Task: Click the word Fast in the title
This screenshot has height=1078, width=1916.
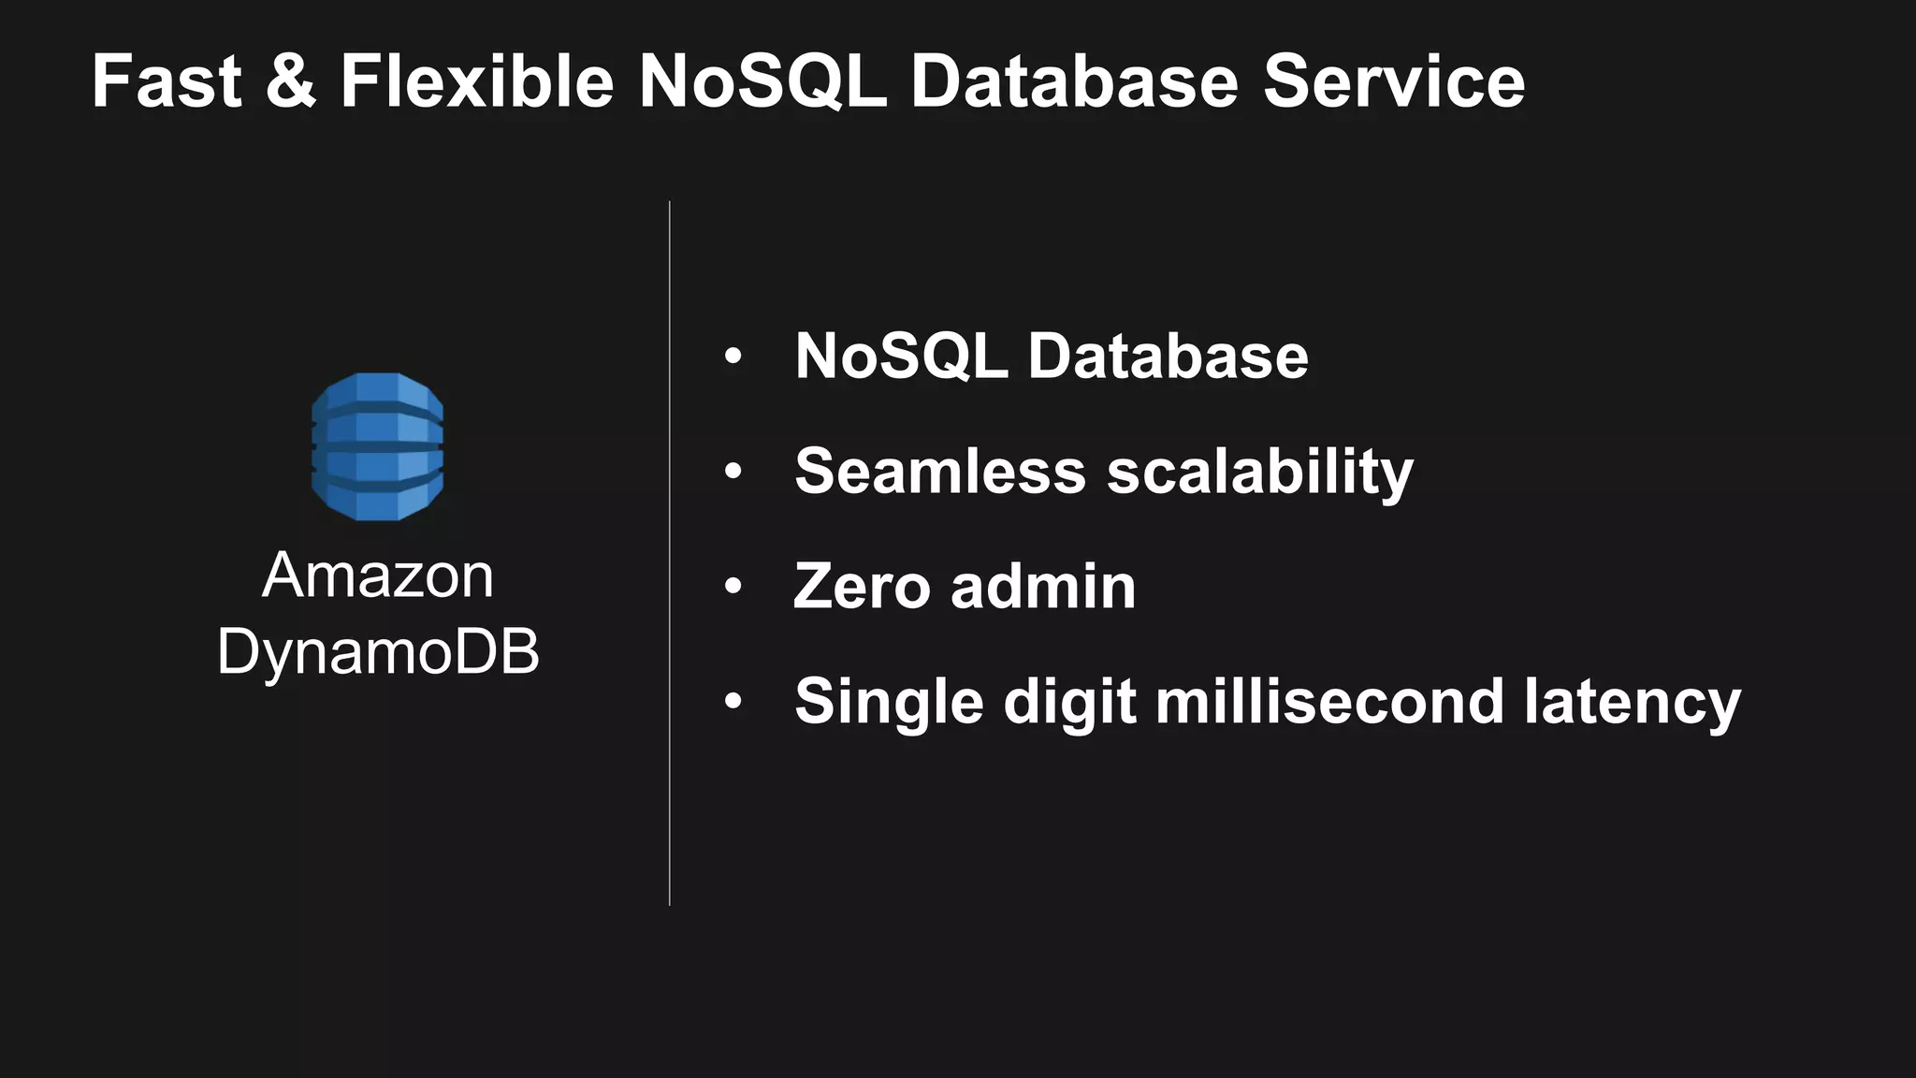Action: pyautogui.click(x=167, y=81)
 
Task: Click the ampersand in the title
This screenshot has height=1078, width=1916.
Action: pyautogui.click(x=291, y=81)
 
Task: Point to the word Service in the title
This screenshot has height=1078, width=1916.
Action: pyautogui.click(x=1394, y=81)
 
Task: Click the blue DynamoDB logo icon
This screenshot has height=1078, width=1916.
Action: pyautogui.click(x=377, y=446)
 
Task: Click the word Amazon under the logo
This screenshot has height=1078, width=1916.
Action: pyautogui.click(x=378, y=575)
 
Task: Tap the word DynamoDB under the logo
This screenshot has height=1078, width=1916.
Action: pyautogui.click(x=378, y=651)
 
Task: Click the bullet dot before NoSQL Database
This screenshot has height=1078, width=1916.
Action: pyautogui.click(x=733, y=357)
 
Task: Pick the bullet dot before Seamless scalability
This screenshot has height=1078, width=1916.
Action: pyautogui.click(x=733, y=472)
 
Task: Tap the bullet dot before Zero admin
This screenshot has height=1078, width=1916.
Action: pyautogui.click(x=733, y=587)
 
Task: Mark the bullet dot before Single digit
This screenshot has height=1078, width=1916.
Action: pyautogui.click(x=733, y=702)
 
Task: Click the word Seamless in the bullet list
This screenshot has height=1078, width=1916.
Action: pyautogui.click(x=939, y=471)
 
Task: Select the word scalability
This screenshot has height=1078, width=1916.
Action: pyautogui.click(x=1260, y=473)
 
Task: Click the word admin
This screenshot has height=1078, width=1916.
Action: pyautogui.click(x=1043, y=587)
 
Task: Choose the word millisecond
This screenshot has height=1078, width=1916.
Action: pyautogui.click(x=1328, y=702)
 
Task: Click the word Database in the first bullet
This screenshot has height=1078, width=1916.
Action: pyautogui.click(x=1168, y=357)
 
